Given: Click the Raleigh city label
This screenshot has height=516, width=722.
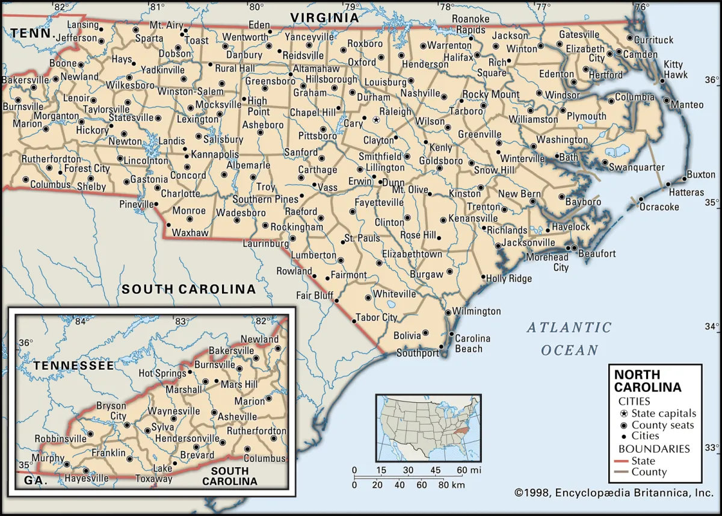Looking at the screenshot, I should pyautogui.click(x=395, y=111).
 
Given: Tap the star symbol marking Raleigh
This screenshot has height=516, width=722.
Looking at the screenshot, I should pyautogui.click(x=376, y=120).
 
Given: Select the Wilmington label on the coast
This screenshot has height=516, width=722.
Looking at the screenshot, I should pyautogui.click(x=477, y=311).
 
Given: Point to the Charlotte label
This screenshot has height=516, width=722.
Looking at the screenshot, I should pyautogui.click(x=180, y=194).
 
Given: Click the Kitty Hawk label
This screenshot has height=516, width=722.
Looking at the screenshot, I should pyautogui.click(x=673, y=69).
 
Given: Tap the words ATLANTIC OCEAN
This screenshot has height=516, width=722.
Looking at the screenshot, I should pyautogui.click(x=569, y=338).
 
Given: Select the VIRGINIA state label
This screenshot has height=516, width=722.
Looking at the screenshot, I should pyautogui.click(x=325, y=18).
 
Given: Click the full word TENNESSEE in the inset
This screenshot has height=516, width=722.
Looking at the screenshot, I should pyautogui.click(x=73, y=365).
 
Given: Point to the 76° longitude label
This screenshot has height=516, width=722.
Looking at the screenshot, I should pyautogui.click(x=641, y=7).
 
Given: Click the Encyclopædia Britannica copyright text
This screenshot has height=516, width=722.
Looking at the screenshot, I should pyautogui.click(x=614, y=493).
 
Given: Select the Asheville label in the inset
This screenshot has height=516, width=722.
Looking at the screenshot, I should pyautogui.click(x=237, y=417).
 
